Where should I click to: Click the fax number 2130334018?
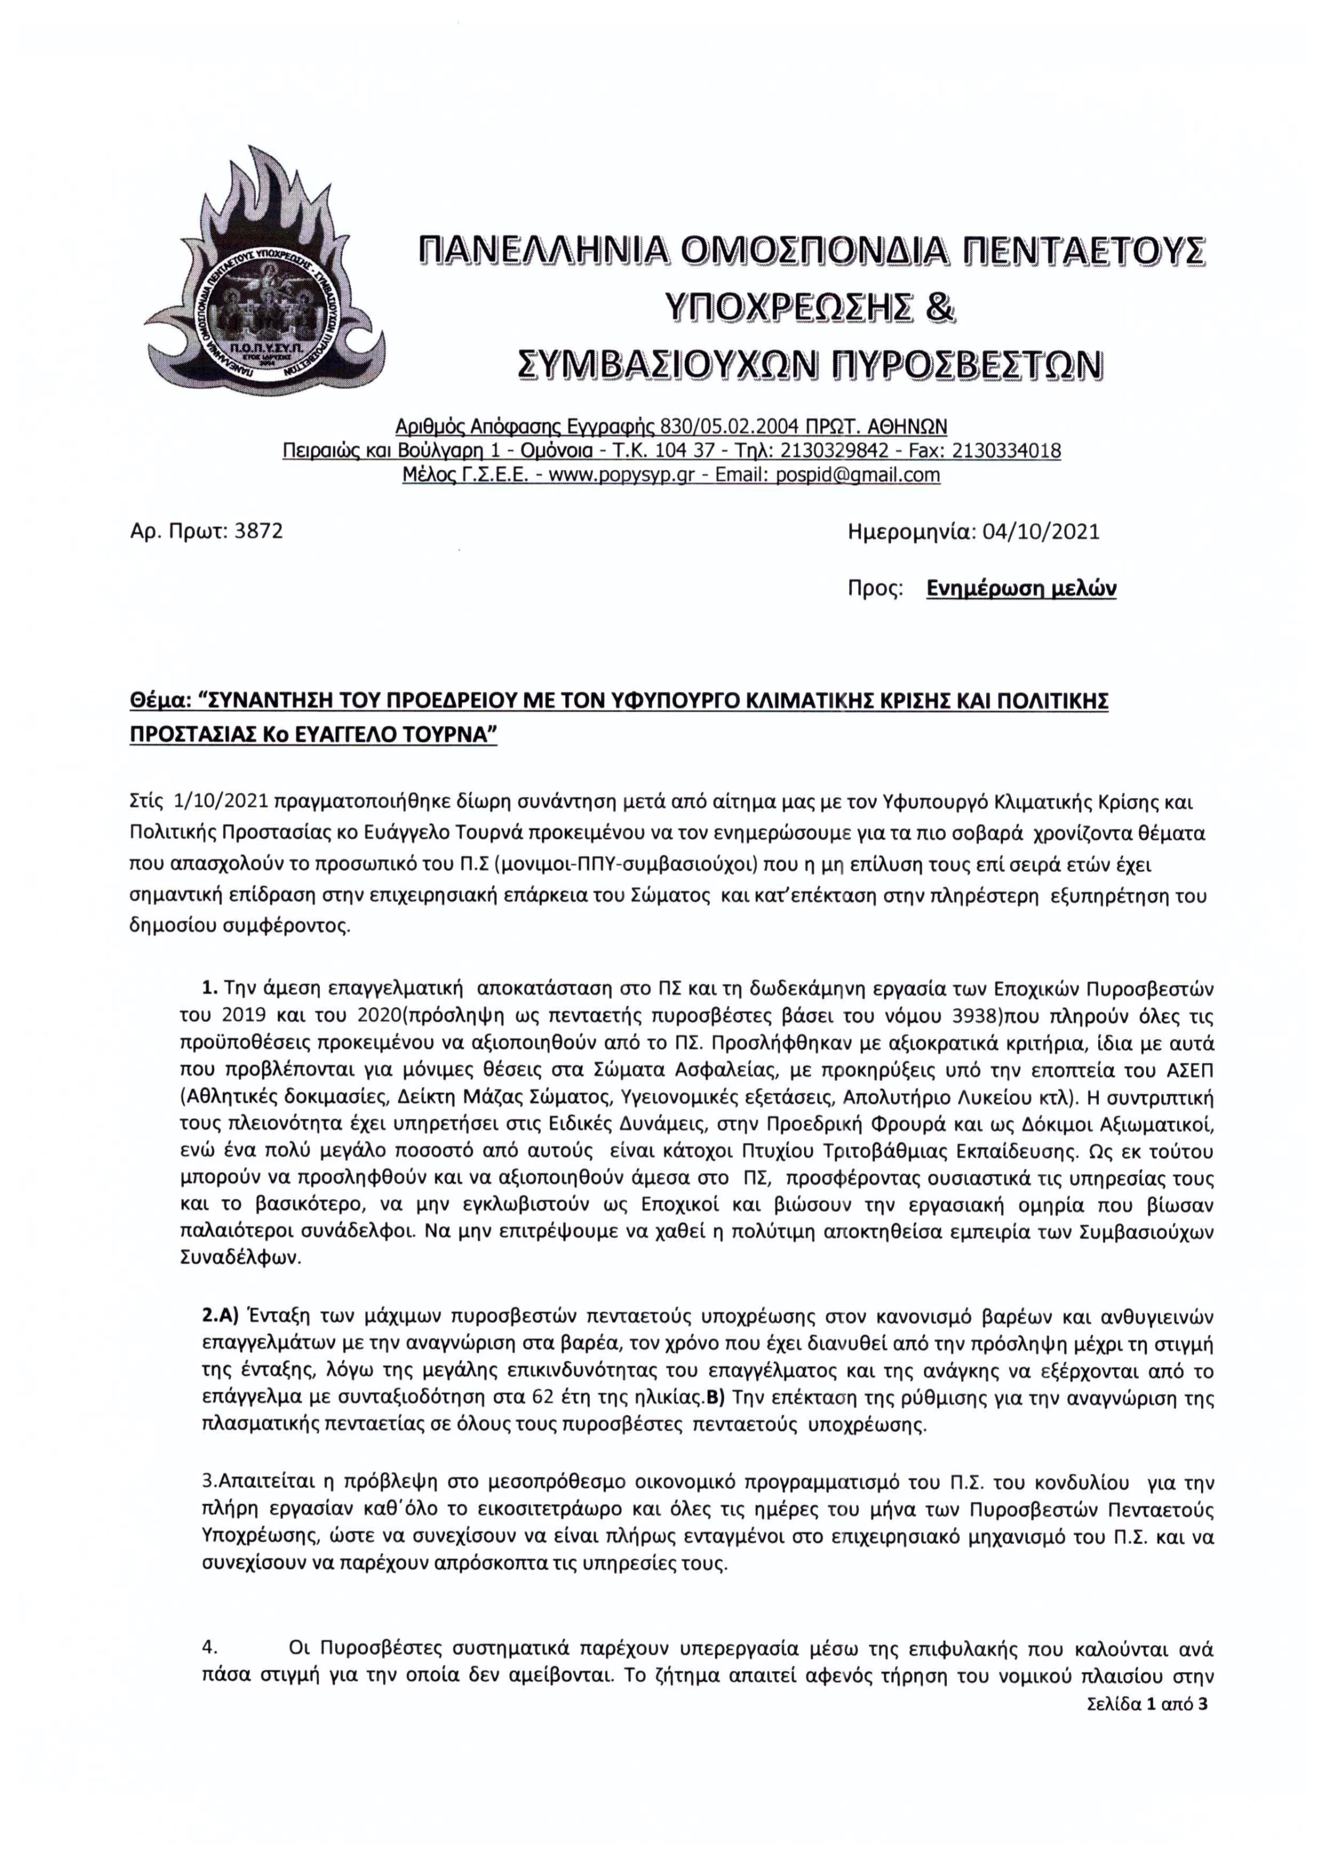tap(1006, 451)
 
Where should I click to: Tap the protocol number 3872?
tap(258, 531)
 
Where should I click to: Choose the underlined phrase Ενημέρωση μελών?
tap(1021, 589)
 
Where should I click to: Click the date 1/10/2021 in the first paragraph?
tap(220, 803)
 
